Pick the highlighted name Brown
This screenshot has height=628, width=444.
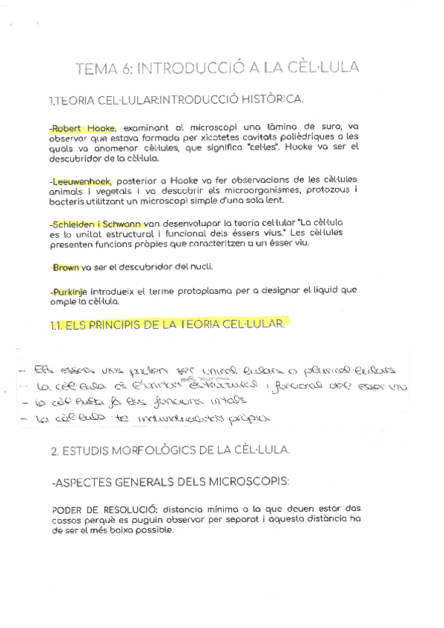point(66,267)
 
